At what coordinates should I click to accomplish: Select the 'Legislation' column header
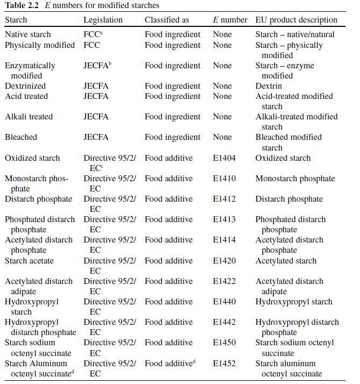[103, 20]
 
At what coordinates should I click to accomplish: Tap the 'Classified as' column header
[167, 20]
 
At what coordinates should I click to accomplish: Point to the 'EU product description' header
[296, 20]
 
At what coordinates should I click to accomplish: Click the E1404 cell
[224, 158]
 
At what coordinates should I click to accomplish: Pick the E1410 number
[224, 179]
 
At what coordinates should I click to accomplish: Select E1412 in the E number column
[224, 199]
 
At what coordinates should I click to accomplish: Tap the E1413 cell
[224, 219]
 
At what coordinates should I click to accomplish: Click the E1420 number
[224, 261]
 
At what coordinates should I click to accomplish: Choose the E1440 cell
[224, 302]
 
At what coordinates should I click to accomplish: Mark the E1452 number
[224, 364]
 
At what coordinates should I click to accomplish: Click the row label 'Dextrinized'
[25, 86]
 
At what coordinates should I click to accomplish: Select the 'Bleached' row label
[21, 137]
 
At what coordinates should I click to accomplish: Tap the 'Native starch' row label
[28, 34]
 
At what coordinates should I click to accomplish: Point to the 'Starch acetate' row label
[29, 261]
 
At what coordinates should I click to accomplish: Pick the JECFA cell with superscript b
[97, 66]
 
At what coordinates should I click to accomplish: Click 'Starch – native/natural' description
[294, 34]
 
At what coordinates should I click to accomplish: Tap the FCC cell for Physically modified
[91, 45]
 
